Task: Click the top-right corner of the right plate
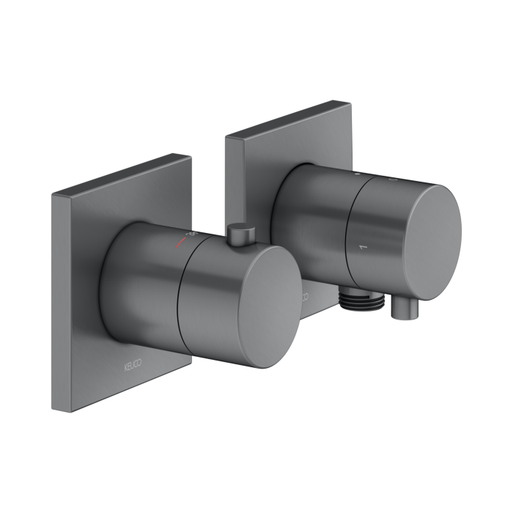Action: click(x=351, y=103)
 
